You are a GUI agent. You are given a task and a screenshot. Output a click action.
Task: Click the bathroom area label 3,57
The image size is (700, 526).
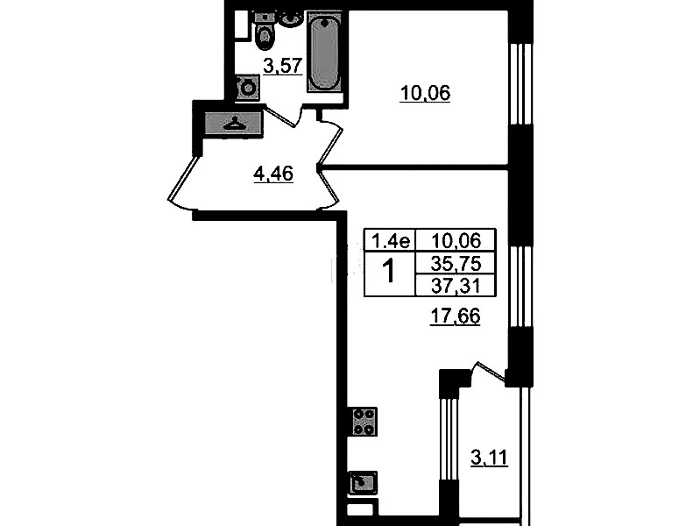click(x=283, y=66)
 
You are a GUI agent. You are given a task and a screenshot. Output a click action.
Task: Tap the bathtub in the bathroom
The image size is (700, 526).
click(x=324, y=53)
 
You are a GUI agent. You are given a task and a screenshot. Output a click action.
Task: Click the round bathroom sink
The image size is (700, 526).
click(x=291, y=18)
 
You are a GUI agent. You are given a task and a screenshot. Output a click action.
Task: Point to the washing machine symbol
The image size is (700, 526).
click(x=247, y=88)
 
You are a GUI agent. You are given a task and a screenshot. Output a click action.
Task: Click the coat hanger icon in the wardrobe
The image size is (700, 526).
click(x=233, y=123)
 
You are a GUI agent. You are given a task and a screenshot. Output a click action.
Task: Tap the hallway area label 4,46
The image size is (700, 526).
click(x=273, y=174)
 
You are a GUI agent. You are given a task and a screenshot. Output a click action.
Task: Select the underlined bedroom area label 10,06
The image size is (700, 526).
click(x=425, y=94)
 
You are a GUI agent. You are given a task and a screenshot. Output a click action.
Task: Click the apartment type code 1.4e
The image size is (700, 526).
click(x=390, y=241)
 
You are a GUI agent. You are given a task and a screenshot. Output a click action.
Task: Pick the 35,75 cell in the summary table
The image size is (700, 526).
click(x=456, y=264)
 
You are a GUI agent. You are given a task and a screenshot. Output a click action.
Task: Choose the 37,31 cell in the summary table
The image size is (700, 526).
click(x=456, y=285)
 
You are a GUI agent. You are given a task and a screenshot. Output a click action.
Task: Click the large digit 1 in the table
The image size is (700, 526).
click(x=389, y=272)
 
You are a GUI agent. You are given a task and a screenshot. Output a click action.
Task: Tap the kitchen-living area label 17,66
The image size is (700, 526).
click(x=455, y=316)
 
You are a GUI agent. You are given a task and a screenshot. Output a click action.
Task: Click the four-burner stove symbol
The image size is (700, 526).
click(x=364, y=422)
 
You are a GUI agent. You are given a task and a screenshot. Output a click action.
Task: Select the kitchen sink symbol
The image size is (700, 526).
click(x=363, y=483)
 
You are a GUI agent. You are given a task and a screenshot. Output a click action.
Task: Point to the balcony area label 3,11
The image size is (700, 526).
click(x=489, y=458)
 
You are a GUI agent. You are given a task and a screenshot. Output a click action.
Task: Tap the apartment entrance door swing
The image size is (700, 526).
click(x=183, y=184)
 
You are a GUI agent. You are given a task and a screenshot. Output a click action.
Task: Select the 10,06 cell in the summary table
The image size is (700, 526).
click(x=456, y=241)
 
